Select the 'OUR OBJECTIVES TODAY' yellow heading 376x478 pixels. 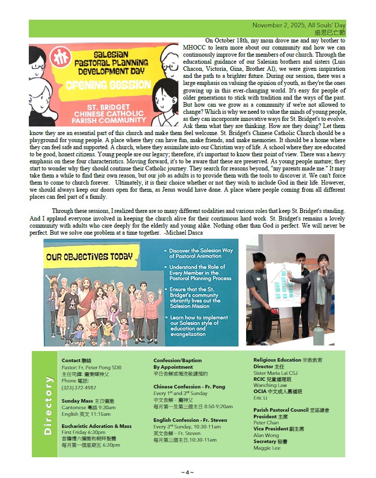pos(90,256)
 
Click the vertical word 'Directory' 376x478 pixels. pos(49,405)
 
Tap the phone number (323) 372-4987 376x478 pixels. pos(79,387)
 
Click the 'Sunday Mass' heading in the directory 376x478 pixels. pos(77,401)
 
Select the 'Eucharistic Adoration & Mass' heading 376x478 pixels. pos(96,426)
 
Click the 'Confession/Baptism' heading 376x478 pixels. pos(177,361)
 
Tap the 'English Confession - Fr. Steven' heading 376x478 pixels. pos(190,420)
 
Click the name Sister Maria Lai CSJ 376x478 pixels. pos(275,373)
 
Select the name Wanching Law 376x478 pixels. pos(270,385)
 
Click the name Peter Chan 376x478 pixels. pos(266,423)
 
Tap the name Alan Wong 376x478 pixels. pos(266,436)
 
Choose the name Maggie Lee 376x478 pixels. pos(267,448)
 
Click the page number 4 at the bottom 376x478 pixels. pos(187,472)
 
